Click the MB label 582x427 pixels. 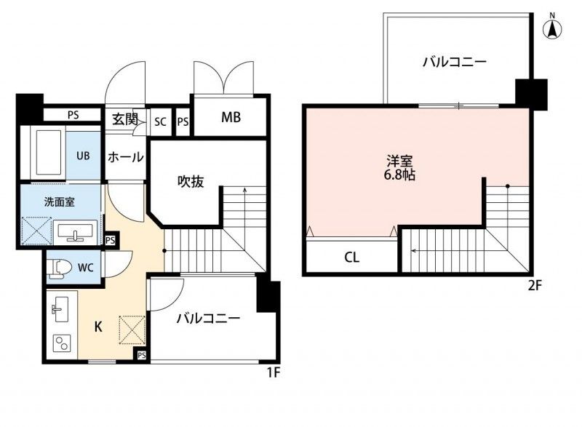pyautogui.click(x=231, y=118)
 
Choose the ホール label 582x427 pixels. pyautogui.click(x=125, y=157)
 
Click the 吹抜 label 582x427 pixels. pyautogui.click(x=191, y=182)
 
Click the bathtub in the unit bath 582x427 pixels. pyautogui.click(x=47, y=151)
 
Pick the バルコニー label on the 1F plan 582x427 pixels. pyautogui.click(x=208, y=318)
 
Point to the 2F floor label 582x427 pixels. pyautogui.click(x=535, y=285)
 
